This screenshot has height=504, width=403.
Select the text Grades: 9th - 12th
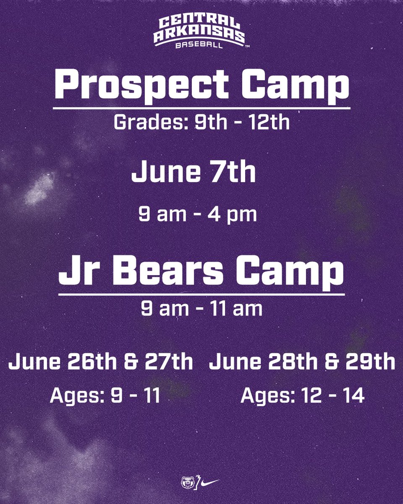[201, 123]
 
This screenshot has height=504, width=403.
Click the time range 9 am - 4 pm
[197, 215]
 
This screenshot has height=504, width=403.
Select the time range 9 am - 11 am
[201, 309]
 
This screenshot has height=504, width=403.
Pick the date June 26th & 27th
[100, 362]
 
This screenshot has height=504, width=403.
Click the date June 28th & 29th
[302, 362]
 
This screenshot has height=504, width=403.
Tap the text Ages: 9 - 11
[105, 396]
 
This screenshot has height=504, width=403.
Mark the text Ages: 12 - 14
[302, 396]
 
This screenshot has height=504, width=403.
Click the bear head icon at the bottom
[186, 482]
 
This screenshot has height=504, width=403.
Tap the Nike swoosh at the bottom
[210, 482]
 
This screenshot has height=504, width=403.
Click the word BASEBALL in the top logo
[200, 45]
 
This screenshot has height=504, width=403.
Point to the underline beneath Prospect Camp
[201, 108]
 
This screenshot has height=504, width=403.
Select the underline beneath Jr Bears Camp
[201, 294]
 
